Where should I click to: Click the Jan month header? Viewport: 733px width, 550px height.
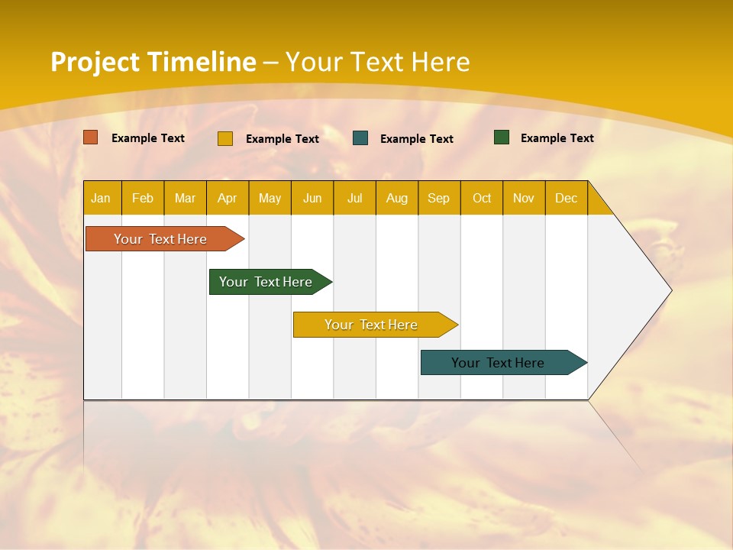click(102, 199)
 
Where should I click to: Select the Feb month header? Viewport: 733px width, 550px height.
click(143, 199)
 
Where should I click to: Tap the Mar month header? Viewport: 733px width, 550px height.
click(185, 199)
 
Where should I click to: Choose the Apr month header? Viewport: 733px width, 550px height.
click(228, 199)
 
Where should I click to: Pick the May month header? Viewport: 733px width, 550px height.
click(270, 199)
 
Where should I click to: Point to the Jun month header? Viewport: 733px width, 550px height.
click(312, 199)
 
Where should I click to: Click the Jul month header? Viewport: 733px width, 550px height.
click(354, 199)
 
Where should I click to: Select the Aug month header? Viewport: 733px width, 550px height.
click(397, 199)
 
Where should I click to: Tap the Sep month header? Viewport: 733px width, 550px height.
click(439, 199)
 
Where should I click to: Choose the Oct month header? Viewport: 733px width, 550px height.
click(482, 199)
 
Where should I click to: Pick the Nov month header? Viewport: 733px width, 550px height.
click(524, 199)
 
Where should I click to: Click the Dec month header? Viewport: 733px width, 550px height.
click(567, 199)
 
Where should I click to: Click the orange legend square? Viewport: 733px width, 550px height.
click(91, 137)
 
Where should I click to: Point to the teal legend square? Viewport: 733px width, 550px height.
click(360, 138)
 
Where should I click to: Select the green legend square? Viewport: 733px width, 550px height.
click(502, 137)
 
